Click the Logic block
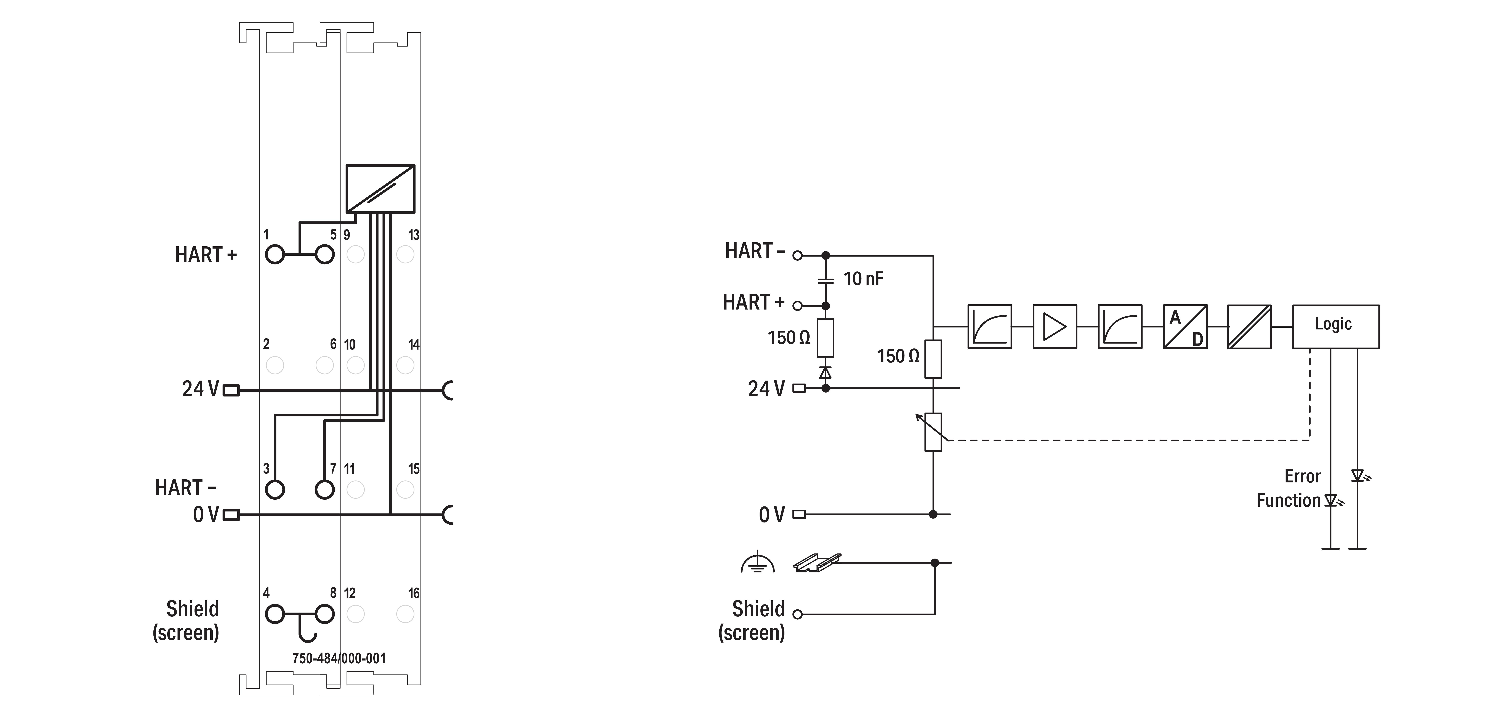pos(1335,327)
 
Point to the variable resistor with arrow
pos(933,432)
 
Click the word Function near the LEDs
pos(1288,500)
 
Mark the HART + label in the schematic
pos(753,302)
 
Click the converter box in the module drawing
pos(380,189)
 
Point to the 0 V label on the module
pos(205,514)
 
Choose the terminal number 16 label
pos(414,593)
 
